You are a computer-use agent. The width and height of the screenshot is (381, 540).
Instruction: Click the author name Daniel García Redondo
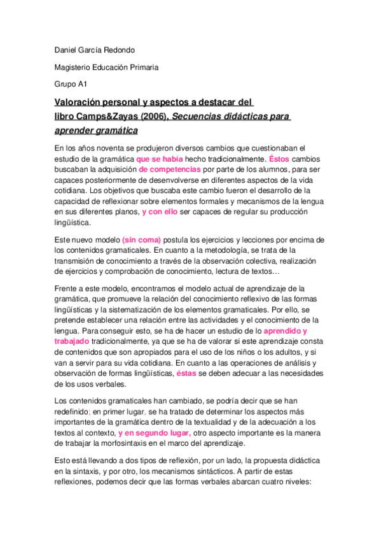click(x=96, y=50)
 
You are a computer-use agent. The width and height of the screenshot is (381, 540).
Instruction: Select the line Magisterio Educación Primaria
click(x=106, y=67)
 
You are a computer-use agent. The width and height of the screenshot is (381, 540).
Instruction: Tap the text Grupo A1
click(x=71, y=83)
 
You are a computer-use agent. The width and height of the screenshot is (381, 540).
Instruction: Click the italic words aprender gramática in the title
click(x=96, y=131)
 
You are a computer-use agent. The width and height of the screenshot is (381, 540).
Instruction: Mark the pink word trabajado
click(x=71, y=341)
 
